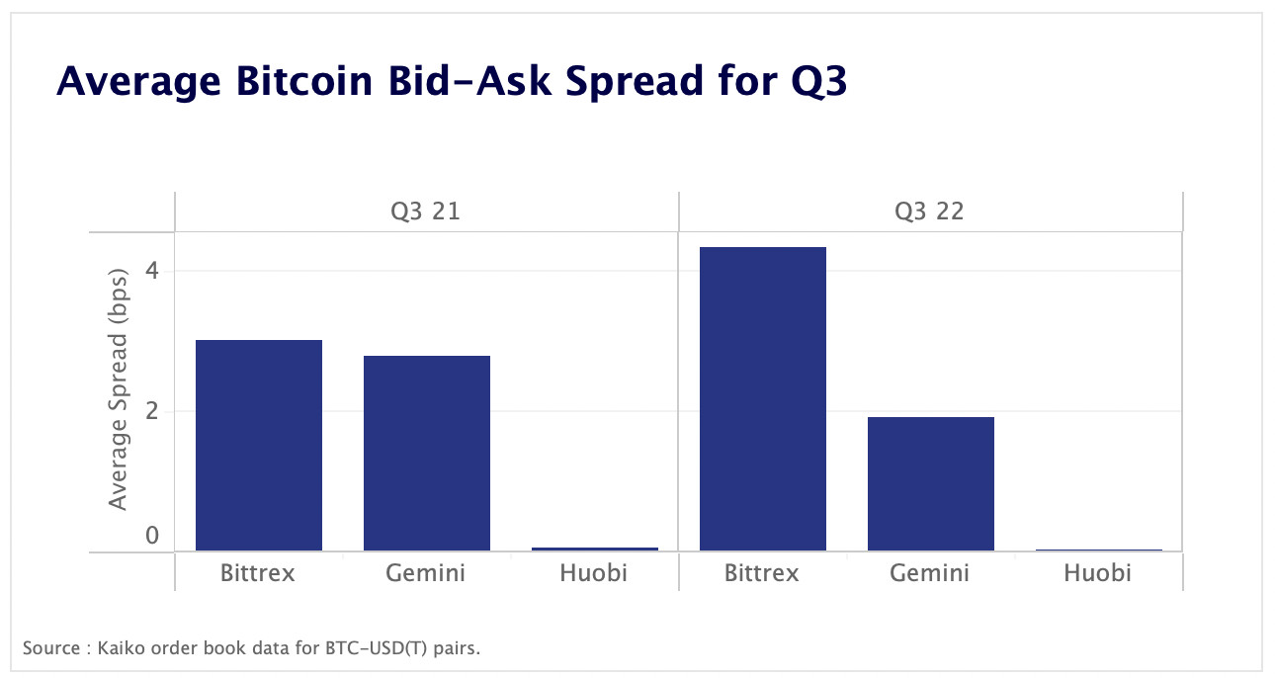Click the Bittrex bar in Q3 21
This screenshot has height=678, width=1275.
tap(259, 445)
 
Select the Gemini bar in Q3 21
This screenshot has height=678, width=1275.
tap(427, 453)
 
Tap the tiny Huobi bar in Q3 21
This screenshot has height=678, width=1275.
tap(595, 549)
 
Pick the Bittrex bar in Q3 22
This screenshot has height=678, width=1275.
tap(762, 398)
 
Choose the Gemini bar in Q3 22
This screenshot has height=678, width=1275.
tap(930, 483)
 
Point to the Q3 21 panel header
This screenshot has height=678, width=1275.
tap(427, 212)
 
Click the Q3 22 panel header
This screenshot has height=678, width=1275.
tap(929, 212)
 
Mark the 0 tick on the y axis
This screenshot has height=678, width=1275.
tap(152, 536)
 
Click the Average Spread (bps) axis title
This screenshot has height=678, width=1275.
tap(119, 388)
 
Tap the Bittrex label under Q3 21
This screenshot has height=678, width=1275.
tap(258, 573)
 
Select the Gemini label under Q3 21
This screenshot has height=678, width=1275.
tap(426, 573)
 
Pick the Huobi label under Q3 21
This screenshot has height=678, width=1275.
tap(594, 573)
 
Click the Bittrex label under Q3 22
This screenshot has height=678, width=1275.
tap(761, 573)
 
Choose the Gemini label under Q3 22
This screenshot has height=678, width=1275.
tap(929, 573)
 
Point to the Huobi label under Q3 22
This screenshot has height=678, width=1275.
tap(1097, 573)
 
